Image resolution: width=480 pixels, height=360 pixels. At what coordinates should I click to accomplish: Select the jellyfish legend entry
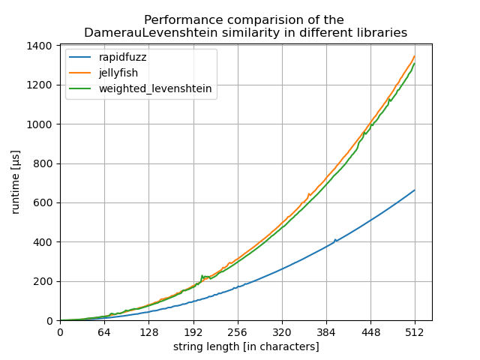(x=118, y=73)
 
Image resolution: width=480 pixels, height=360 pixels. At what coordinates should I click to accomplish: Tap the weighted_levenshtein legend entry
(x=155, y=88)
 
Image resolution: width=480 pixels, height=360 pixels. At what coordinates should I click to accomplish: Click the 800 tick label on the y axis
(x=43, y=163)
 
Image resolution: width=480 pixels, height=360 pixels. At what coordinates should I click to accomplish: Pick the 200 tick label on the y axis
(x=43, y=281)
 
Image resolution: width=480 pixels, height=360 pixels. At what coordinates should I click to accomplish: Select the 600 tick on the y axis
(x=43, y=202)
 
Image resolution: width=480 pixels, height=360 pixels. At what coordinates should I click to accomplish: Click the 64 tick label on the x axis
(x=104, y=332)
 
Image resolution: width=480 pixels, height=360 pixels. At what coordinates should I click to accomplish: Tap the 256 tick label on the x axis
(x=237, y=332)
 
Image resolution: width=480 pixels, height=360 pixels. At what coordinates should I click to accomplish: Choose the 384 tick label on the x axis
(x=326, y=332)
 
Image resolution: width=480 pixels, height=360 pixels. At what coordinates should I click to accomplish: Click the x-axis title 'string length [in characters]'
(x=246, y=346)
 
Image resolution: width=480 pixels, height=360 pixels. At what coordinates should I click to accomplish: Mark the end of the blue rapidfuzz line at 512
(x=415, y=190)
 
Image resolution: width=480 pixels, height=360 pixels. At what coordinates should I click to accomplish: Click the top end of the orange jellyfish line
(x=415, y=55)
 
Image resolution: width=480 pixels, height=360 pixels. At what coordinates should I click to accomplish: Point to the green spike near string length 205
(x=202, y=275)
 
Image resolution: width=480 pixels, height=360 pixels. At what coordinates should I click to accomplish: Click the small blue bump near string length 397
(x=335, y=240)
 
